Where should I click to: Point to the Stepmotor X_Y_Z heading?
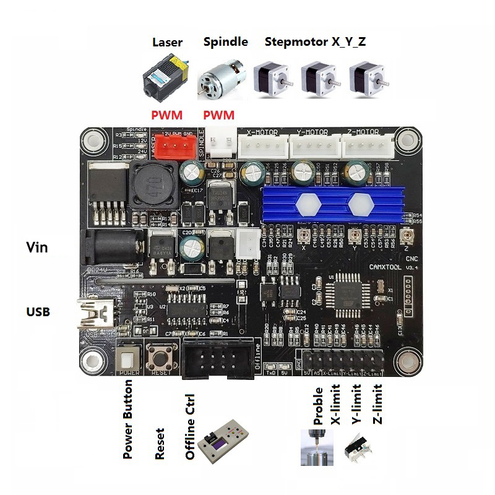point(316,43)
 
